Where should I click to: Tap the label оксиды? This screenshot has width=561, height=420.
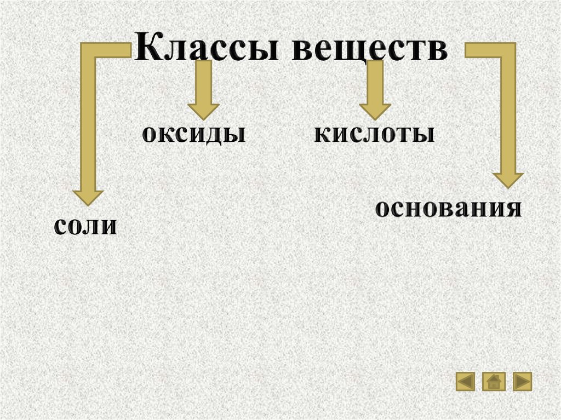[193, 134]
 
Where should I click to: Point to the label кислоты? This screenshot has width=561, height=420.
[375, 134]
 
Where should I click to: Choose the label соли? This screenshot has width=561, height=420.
[85, 226]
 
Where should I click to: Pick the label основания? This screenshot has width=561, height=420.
[448, 209]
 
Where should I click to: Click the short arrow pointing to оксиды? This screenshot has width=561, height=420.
[203, 90]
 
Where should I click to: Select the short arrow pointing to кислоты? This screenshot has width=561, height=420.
[375, 90]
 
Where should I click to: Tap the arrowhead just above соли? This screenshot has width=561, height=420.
[88, 196]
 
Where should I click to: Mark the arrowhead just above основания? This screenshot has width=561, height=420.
[508, 180]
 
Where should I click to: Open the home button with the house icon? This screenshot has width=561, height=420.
[494, 381]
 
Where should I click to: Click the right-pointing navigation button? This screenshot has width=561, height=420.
[522, 381]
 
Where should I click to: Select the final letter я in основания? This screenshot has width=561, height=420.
[512, 209]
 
